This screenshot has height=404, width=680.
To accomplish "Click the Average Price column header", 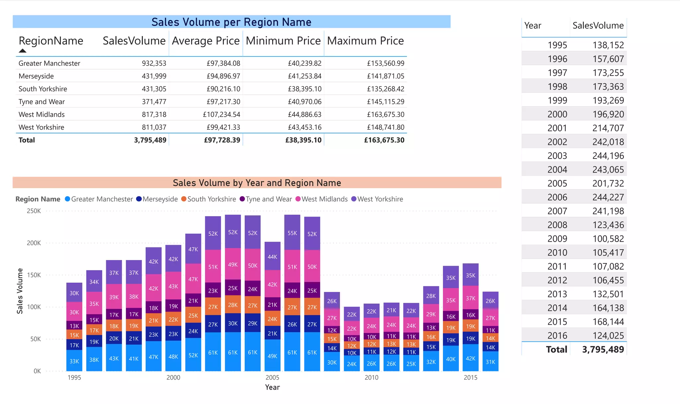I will tap(206, 41).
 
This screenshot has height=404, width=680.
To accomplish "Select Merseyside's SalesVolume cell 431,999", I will tap(154, 76).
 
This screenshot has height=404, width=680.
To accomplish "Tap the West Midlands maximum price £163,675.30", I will tap(385, 114).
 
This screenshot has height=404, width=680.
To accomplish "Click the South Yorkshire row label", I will tap(43, 89).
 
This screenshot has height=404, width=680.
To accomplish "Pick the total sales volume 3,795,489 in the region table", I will tap(150, 140).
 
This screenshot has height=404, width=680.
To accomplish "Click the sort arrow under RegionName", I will tap(23, 51).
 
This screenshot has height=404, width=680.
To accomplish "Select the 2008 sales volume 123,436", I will tap(608, 225).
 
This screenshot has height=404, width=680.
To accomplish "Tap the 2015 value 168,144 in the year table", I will tap(608, 322).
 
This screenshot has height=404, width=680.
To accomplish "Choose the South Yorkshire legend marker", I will tap(184, 199).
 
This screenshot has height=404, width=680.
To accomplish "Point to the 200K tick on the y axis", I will tap(34, 243).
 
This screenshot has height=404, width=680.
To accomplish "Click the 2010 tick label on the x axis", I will tap(371, 377).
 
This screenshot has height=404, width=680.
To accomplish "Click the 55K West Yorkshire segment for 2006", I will tap(292, 233).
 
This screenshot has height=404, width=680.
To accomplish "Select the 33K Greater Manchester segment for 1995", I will tap(74, 361).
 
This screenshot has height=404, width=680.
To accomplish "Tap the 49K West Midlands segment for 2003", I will tap(233, 265).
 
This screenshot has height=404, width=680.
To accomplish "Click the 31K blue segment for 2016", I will tap(490, 362).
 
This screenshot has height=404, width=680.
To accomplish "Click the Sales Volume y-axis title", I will tap(20, 291).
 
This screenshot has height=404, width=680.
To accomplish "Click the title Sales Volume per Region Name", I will tap(231, 22).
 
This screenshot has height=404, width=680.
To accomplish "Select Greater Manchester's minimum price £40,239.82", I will tap(304, 63).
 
